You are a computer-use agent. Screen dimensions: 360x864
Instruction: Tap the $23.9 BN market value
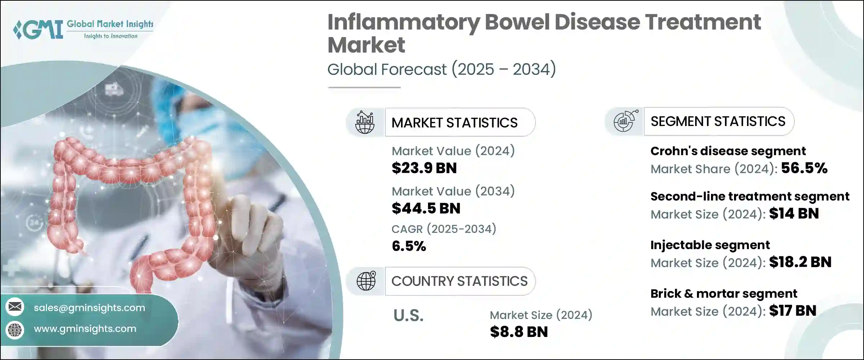click(424, 168)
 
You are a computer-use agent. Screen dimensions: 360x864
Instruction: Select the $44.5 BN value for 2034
click(426, 208)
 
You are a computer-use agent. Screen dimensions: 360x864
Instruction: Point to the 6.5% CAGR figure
click(409, 246)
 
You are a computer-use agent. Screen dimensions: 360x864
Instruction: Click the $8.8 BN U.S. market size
click(519, 332)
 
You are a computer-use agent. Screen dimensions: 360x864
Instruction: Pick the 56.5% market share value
click(804, 168)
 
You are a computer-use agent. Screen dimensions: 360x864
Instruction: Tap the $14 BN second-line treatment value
click(794, 213)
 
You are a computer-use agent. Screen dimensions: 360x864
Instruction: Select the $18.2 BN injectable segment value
click(800, 262)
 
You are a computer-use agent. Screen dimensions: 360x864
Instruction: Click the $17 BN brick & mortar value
click(792, 311)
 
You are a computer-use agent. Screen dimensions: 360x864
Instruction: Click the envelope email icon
click(15, 307)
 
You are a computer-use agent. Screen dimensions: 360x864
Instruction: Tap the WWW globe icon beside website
click(15, 329)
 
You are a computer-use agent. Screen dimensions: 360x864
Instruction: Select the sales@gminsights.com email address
click(89, 308)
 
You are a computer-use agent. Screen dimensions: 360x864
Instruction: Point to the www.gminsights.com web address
click(85, 329)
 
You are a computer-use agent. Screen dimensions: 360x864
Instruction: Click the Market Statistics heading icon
click(365, 122)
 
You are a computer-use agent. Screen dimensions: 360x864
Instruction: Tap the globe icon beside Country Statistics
click(366, 281)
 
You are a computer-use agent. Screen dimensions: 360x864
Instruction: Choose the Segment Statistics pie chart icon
click(625, 121)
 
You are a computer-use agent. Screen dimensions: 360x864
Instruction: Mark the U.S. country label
click(408, 316)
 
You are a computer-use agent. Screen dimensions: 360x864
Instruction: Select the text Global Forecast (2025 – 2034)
click(441, 69)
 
